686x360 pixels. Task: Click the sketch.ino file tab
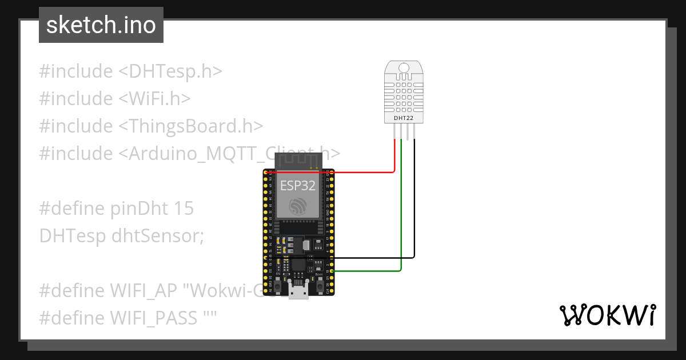pyautogui.click(x=101, y=25)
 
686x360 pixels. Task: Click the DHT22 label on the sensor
pyautogui.click(x=404, y=118)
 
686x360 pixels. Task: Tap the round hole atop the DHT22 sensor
pyautogui.click(x=404, y=68)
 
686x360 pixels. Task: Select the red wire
pyautogui.click(x=366, y=171)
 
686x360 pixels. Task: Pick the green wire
pyautogui.click(x=401, y=217)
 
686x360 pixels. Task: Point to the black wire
pyautogui.click(x=414, y=217)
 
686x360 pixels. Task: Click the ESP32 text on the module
pyautogui.click(x=297, y=185)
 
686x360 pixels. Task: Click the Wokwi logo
pyautogui.click(x=607, y=315)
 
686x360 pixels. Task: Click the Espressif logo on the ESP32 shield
pyautogui.click(x=297, y=206)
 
